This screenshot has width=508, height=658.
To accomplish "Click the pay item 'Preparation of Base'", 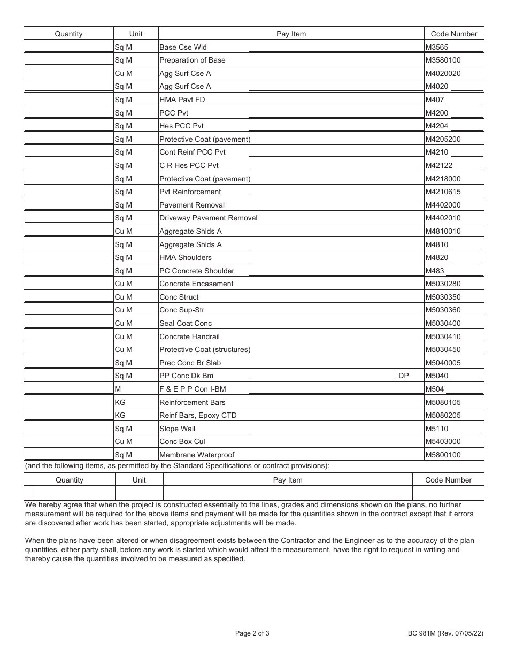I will coord(192,60).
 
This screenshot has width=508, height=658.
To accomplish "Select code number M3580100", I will coord(443,60).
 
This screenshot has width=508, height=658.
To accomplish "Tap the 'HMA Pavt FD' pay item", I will coord(182,100).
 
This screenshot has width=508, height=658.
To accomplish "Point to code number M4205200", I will coord(443,139).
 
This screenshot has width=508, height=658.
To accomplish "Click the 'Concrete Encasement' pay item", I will coord(196,284).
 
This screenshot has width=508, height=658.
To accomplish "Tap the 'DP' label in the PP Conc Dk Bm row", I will coord(403,376).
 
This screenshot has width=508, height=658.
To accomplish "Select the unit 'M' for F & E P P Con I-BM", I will coord(118,389).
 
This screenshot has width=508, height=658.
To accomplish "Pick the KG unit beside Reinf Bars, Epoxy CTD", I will coord(120,416).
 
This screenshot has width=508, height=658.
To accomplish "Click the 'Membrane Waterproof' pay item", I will coord(197,455).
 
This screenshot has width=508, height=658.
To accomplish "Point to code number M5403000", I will coord(443,442).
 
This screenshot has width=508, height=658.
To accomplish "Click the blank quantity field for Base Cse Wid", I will coord(68,47).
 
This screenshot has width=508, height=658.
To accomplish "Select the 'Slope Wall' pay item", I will coord(177,429).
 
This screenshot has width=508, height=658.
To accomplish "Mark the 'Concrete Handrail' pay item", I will coord(189,337).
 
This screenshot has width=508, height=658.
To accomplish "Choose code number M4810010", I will coord(443,232).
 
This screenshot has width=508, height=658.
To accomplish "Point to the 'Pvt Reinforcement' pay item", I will coord(190,192).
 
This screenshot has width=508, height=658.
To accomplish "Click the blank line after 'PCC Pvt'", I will coord(336,113).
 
